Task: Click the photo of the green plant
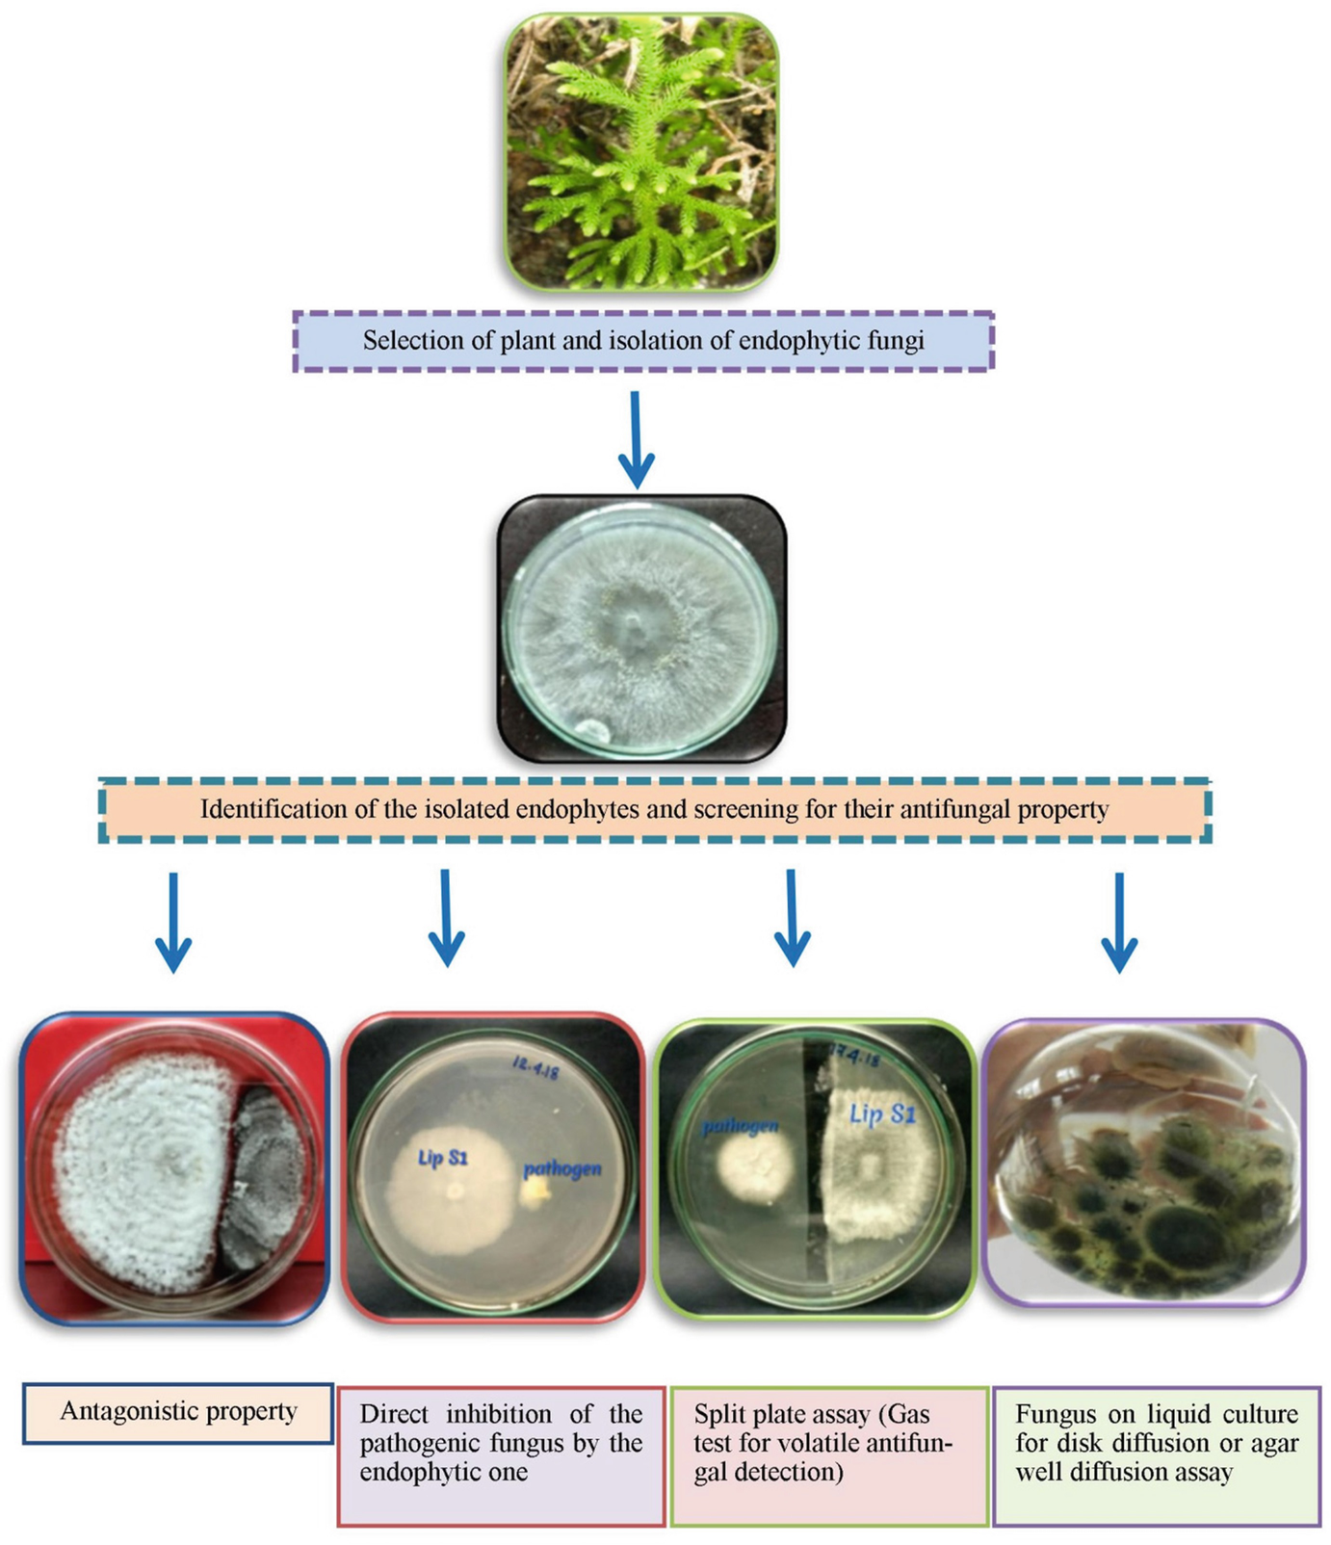point(641,152)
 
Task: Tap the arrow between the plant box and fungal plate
point(636,439)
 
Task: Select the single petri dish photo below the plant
point(641,628)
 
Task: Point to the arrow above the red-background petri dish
point(173,922)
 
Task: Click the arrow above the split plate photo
point(792,917)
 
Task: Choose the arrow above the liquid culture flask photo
point(1119,922)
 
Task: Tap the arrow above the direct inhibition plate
point(446,917)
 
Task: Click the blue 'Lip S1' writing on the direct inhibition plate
point(443,1157)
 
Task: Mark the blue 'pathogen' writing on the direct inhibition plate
point(562,1169)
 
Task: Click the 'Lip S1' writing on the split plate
point(882,1114)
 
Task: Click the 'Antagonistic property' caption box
point(178,1412)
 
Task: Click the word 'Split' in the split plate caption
point(717,1414)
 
